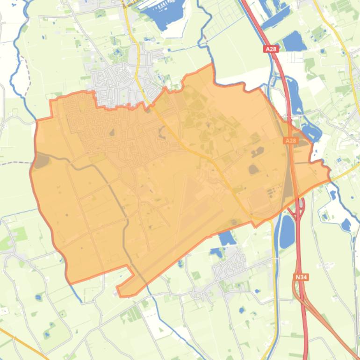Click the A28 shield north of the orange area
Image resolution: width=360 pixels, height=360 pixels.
click(x=270, y=49)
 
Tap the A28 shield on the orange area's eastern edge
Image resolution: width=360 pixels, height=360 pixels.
click(x=290, y=140)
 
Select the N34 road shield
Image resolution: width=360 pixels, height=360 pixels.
click(x=301, y=277)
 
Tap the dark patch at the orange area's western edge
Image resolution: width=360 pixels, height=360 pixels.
click(x=42, y=162)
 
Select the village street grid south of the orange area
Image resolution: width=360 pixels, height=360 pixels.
click(x=229, y=266)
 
